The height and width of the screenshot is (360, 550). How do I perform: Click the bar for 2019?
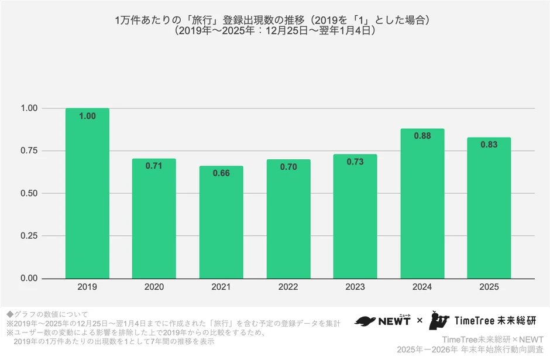pos(87,193)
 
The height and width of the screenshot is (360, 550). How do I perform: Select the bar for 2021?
pos(221,222)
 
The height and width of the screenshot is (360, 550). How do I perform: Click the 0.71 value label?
pos(154,166)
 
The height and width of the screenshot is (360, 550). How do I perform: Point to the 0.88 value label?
pos(422,136)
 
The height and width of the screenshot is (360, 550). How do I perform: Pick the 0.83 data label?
pos(489,145)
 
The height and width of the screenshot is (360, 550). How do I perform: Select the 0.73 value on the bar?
pos(355,162)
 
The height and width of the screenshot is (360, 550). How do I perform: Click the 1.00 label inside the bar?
pos(87,116)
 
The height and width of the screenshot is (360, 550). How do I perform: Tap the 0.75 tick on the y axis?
pos(29,151)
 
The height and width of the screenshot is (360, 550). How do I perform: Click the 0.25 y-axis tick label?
pos(29,236)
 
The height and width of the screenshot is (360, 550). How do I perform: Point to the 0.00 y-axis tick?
pos(29,279)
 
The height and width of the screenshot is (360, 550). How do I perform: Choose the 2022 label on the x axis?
pos(288,287)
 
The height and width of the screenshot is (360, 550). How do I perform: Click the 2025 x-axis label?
pos(489,287)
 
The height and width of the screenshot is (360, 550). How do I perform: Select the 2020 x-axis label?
pos(154,287)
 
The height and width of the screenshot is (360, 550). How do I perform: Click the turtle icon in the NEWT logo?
pos(367,321)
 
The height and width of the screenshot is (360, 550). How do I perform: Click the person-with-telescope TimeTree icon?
pos(440,320)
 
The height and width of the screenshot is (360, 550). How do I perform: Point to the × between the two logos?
pos(419,321)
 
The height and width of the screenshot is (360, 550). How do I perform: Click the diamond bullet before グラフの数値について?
pos(9,314)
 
